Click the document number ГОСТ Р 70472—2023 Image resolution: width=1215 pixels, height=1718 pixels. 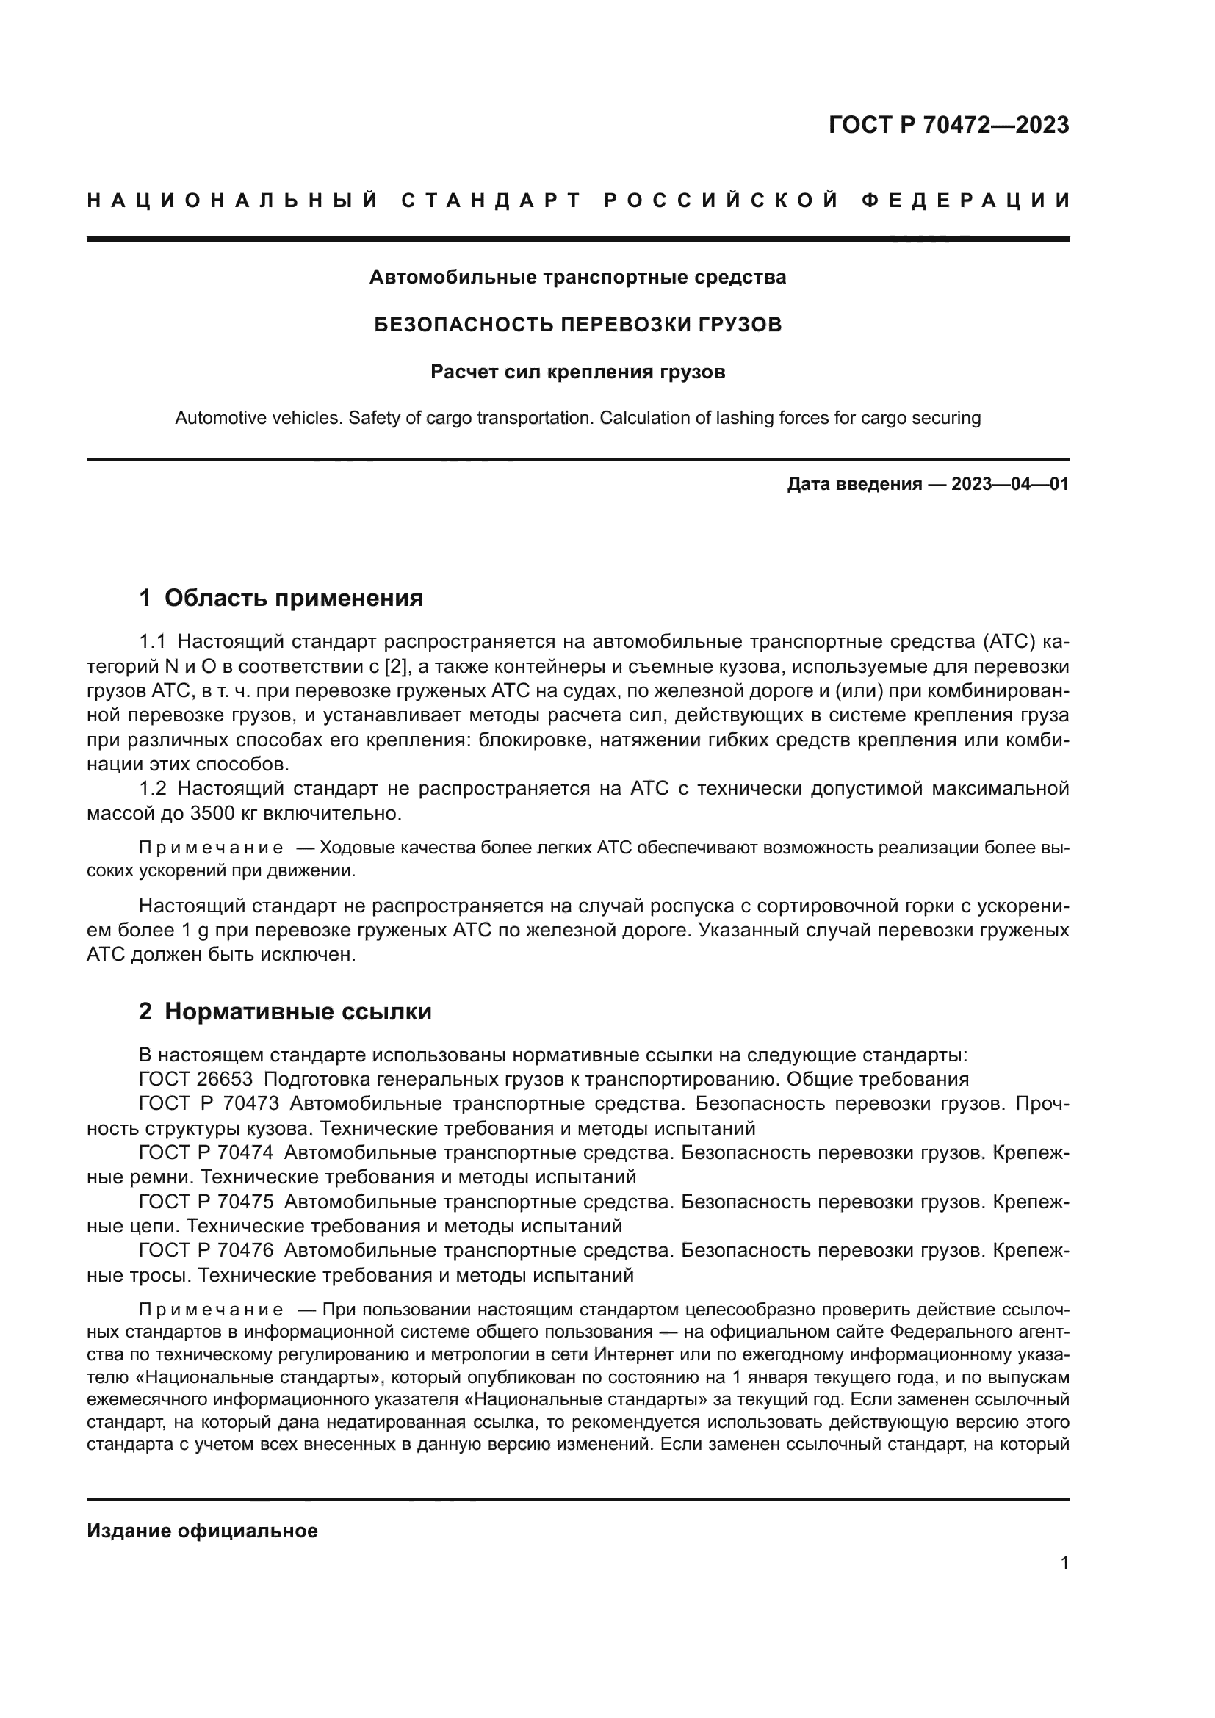pyautogui.click(x=948, y=125)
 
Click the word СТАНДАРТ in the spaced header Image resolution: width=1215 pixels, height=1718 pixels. pyautogui.click(x=491, y=201)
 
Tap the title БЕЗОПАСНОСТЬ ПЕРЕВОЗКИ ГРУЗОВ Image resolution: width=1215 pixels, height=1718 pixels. pyautogui.click(x=577, y=325)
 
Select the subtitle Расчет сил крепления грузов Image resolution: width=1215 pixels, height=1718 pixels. pyautogui.click(x=577, y=372)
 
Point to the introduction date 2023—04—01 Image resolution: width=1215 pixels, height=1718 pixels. pyautogui.click(x=1009, y=484)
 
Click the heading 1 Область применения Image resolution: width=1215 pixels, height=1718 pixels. pyautogui.click(x=281, y=598)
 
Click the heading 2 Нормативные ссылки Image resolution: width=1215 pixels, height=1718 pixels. pyautogui.click(x=285, y=1011)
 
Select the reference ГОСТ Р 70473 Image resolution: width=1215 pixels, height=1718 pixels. pyautogui.click(x=209, y=1104)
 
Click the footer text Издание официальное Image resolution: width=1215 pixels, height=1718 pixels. pyautogui.click(x=202, y=1531)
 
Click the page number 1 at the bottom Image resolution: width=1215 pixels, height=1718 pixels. pyautogui.click(x=1064, y=1563)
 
